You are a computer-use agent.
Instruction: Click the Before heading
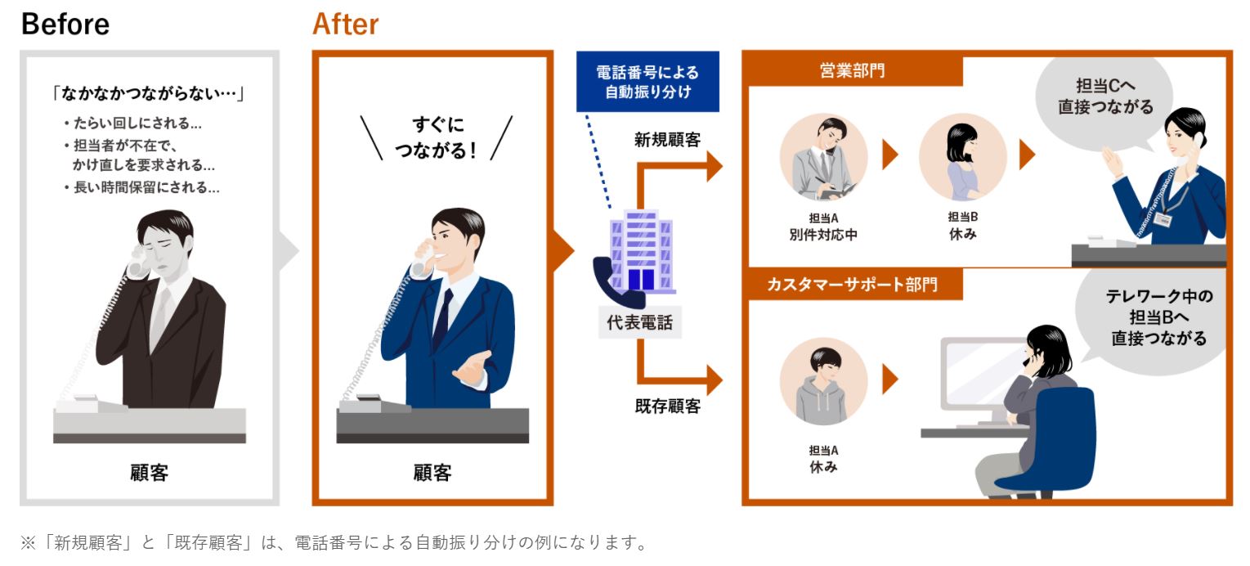(65, 25)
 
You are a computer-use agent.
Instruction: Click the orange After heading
(346, 25)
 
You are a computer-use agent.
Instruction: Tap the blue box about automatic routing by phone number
(647, 82)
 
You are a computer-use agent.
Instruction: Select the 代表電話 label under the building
(639, 322)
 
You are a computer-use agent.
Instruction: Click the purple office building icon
(642, 251)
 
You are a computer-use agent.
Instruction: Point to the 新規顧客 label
(667, 140)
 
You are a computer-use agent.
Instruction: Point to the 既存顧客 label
(667, 406)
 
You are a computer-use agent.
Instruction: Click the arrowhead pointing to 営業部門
(715, 166)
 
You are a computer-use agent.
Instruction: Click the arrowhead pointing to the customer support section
(715, 380)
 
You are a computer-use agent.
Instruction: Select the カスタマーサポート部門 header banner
(853, 284)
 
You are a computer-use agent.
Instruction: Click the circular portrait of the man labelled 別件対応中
(824, 157)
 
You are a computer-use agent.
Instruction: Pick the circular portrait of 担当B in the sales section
(962, 157)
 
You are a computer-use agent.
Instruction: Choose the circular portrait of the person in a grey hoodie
(824, 381)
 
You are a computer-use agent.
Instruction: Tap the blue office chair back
(1055, 435)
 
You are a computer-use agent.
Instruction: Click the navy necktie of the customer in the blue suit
(443, 319)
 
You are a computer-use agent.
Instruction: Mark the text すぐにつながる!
(437, 137)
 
